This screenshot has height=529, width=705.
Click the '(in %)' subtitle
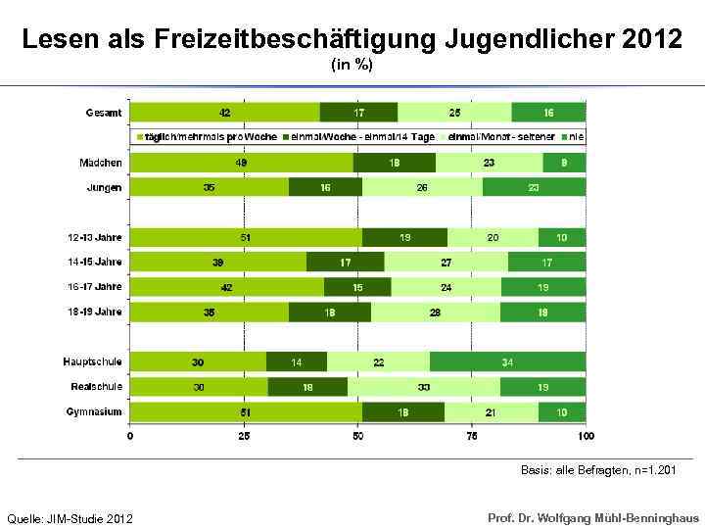tap(352, 65)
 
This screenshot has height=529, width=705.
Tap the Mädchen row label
tap(101, 163)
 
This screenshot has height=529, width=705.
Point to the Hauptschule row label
tap(95, 361)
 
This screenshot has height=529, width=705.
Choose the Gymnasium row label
tap(95, 411)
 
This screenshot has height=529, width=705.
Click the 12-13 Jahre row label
tap(95, 237)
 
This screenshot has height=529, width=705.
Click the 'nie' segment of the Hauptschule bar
tap(507, 361)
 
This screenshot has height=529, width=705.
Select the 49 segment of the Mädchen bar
tap(241, 163)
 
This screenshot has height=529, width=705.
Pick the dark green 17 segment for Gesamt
tap(358, 113)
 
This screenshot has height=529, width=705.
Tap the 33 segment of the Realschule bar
tap(423, 387)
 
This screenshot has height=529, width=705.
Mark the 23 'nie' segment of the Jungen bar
tap(533, 187)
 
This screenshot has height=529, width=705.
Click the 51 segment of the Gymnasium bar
tap(245, 411)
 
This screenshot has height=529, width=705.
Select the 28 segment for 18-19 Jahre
tap(435, 312)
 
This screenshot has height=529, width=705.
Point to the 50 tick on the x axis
tap(358, 435)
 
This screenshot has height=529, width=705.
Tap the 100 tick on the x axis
tap(585, 435)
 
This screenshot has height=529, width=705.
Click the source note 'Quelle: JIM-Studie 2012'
tap(70, 517)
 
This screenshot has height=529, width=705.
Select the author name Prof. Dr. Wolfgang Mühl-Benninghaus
tap(593, 516)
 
